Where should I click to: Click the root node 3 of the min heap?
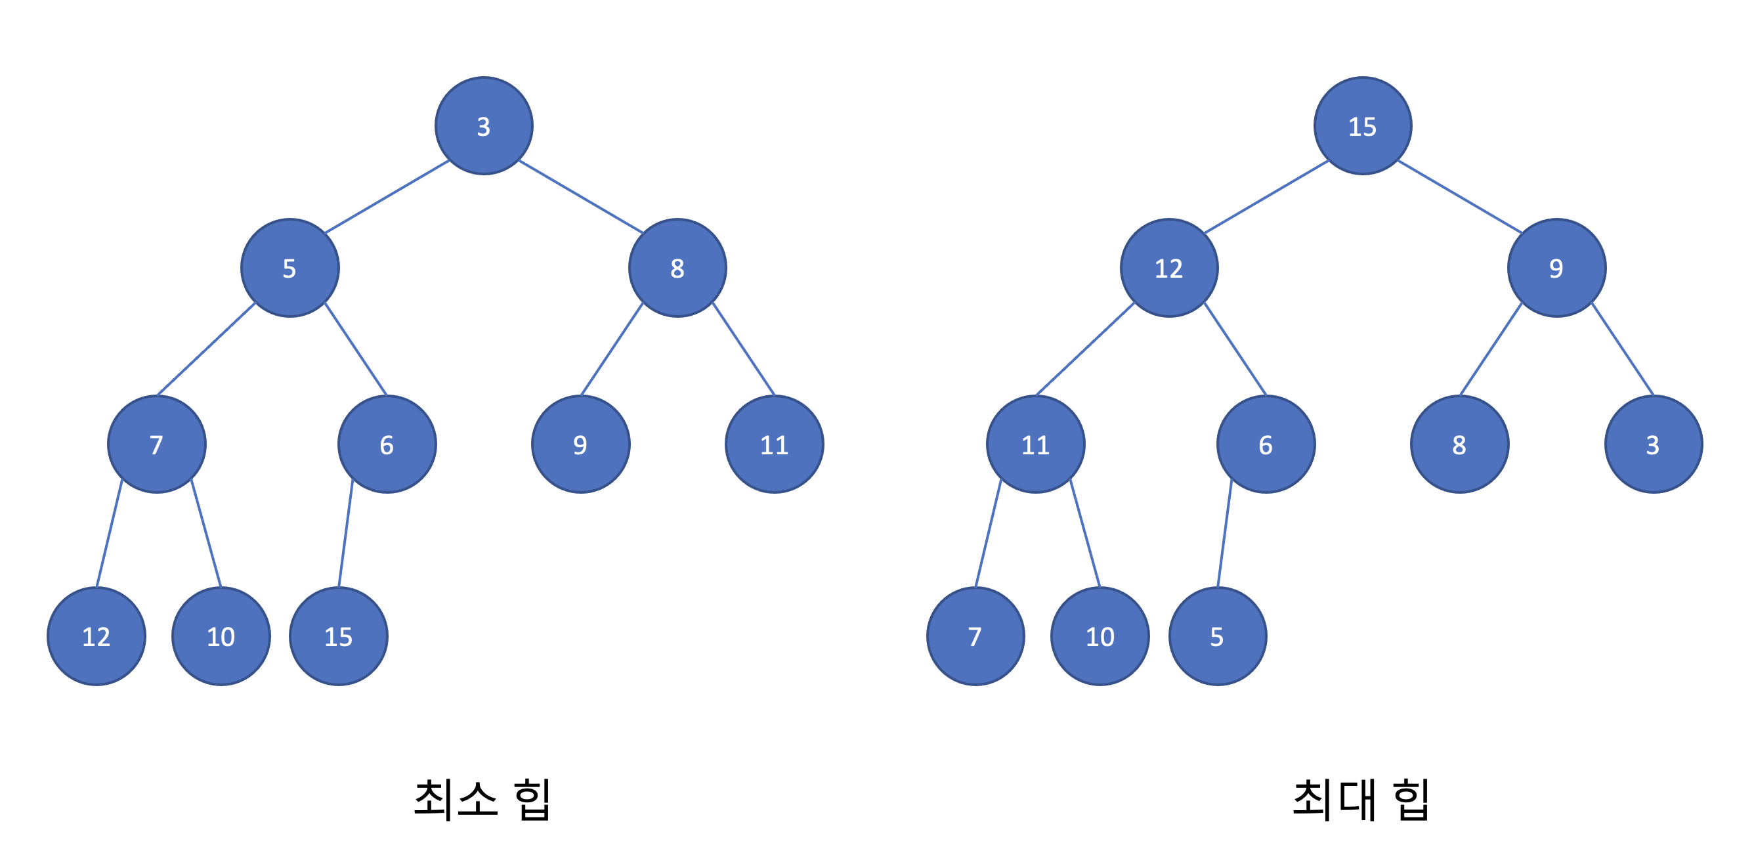(483, 126)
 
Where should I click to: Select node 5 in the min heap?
(289, 268)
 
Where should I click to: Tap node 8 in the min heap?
(677, 268)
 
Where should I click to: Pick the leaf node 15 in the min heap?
(339, 636)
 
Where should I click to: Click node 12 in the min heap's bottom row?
(96, 636)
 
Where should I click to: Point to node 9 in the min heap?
(580, 444)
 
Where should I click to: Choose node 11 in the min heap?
(774, 444)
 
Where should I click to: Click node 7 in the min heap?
(157, 444)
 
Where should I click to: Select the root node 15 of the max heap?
(1363, 126)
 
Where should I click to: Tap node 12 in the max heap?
(1169, 268)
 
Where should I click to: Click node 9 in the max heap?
(1556, 268)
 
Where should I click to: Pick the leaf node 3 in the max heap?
(1653, 444)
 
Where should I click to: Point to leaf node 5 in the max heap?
(1218, 636)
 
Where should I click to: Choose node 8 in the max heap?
(1459, 444)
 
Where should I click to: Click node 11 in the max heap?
(1036, 444)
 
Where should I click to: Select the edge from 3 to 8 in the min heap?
(581, 197)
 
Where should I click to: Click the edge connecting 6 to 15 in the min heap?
(346, 533)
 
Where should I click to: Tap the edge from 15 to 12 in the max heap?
(1266, 197)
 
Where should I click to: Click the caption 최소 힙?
(482, 800)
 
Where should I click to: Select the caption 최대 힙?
(1360, 800)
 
